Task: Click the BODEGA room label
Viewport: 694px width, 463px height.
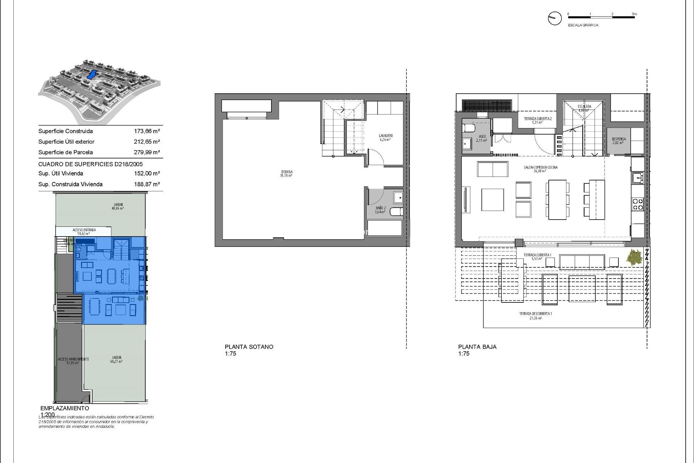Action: point(286,174)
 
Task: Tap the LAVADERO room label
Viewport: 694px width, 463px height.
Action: point(386,137)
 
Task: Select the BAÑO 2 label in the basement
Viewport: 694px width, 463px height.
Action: point(380,210)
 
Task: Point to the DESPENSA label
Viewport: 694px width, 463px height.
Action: point(618,141)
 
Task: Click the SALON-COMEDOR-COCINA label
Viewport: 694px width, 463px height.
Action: point(540,169)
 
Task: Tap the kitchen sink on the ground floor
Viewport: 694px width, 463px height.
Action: point(637,177)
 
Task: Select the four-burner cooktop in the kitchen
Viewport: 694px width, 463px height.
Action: point(638,204)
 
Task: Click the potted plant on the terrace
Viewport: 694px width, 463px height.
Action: point(634,258)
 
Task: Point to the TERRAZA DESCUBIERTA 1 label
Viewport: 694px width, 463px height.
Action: point(535,315)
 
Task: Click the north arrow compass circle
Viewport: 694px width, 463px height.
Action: point(554,18)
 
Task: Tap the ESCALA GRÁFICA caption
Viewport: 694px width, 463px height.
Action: point(583,25)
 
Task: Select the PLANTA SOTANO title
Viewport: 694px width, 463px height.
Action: point(249,347)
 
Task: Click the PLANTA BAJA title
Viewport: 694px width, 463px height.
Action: point(477,347)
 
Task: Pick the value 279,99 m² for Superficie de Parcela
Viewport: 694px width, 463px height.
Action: point(147,152)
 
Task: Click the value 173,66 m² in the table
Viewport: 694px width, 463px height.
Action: point(147,131)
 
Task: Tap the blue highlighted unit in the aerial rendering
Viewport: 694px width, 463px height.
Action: point(92,75)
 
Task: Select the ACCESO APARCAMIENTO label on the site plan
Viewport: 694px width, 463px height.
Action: point(73,361)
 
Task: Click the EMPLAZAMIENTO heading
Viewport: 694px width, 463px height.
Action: point(65,408)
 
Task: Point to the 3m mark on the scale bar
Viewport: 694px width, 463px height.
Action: point(634,14)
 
